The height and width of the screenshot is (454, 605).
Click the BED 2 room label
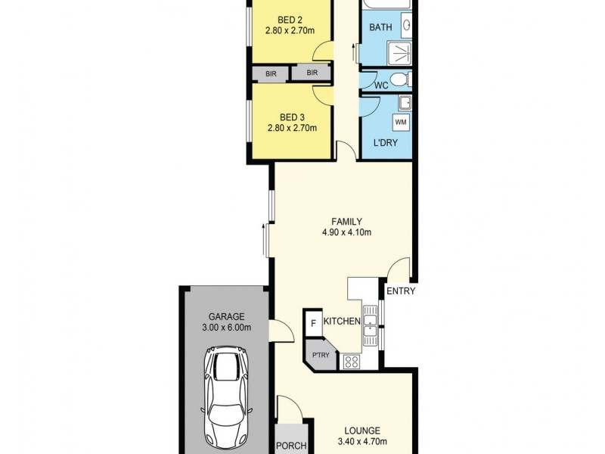point(290,20)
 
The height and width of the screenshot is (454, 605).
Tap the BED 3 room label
point(292,117)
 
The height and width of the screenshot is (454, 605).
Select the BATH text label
point(380,28)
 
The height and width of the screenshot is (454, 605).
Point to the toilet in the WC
point(402,79)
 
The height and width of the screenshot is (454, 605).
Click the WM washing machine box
point(401,122)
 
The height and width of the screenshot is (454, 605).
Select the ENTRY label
point(400,291)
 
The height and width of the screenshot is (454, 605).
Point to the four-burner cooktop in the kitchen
point(352,362)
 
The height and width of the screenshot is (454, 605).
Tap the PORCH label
point(289,446)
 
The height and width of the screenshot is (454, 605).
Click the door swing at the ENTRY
point(398,269)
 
